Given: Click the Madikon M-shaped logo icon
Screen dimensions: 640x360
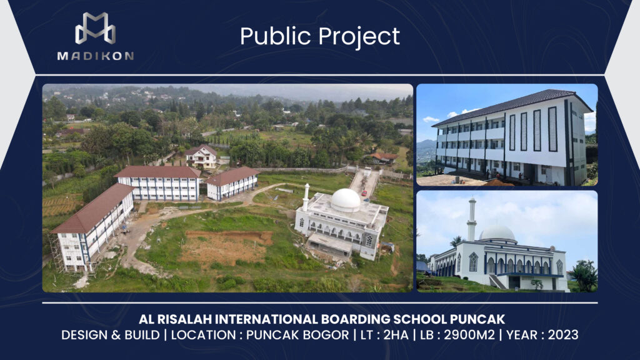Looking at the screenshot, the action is [95, 28].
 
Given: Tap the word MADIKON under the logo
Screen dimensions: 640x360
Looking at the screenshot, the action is [96, 56].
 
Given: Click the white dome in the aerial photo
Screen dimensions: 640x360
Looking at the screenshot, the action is [345, 200].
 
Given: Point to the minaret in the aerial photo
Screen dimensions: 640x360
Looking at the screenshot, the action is [306, 197].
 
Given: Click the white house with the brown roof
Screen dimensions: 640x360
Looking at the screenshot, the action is [201, 156].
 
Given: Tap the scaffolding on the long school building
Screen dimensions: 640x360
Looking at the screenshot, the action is [57, 252].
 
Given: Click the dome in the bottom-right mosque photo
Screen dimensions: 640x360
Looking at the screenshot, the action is [497, 233].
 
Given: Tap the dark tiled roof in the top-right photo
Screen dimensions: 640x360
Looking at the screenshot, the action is [510, 104].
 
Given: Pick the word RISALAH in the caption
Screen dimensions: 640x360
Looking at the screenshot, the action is [184, 319].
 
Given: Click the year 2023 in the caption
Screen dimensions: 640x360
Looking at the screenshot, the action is [563, 335].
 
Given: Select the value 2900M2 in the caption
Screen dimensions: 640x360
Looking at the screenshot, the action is [469, 335].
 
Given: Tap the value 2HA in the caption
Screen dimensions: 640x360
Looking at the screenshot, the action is [396, 335].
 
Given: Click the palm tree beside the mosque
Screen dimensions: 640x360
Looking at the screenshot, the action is [584, 276].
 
